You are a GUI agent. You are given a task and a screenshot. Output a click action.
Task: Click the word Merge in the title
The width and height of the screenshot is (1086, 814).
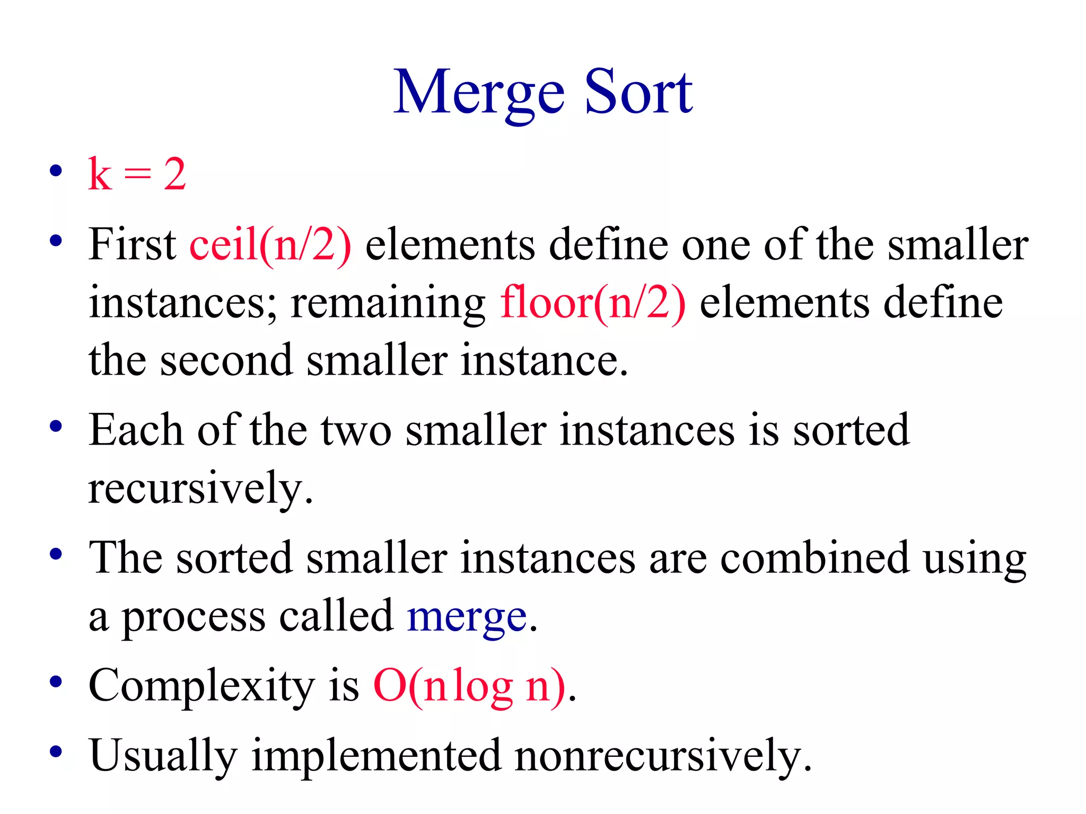click(479, 94)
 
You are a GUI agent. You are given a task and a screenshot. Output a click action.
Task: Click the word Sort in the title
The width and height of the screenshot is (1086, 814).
click(638, 94)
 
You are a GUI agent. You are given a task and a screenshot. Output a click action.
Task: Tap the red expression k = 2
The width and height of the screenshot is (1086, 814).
click(137, 174)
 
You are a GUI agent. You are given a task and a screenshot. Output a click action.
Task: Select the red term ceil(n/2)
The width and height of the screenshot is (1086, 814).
click(270, 244)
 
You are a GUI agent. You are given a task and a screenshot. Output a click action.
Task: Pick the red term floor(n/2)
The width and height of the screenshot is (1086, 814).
click(593, 303)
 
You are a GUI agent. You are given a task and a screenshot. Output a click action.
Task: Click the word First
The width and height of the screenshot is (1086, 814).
click(133, 244)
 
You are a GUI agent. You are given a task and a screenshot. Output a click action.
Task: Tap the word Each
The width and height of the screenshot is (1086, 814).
click(136, 430)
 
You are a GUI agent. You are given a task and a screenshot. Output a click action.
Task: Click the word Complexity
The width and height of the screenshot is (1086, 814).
click(202, 686)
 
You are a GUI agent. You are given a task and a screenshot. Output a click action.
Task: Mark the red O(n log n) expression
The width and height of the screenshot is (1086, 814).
click(470, 686)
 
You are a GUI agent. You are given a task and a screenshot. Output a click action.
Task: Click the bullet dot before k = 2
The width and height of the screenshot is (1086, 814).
click(56, 171)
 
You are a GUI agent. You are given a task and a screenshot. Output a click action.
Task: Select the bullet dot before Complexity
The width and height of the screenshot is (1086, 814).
click(56, 682)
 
